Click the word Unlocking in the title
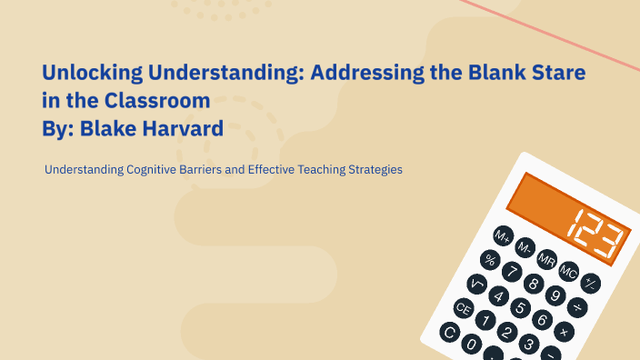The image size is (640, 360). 88,72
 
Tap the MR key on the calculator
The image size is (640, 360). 547,259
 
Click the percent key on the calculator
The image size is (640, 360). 491,260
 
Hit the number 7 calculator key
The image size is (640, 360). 511,272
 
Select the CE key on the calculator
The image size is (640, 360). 463,309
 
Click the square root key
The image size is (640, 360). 476,285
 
